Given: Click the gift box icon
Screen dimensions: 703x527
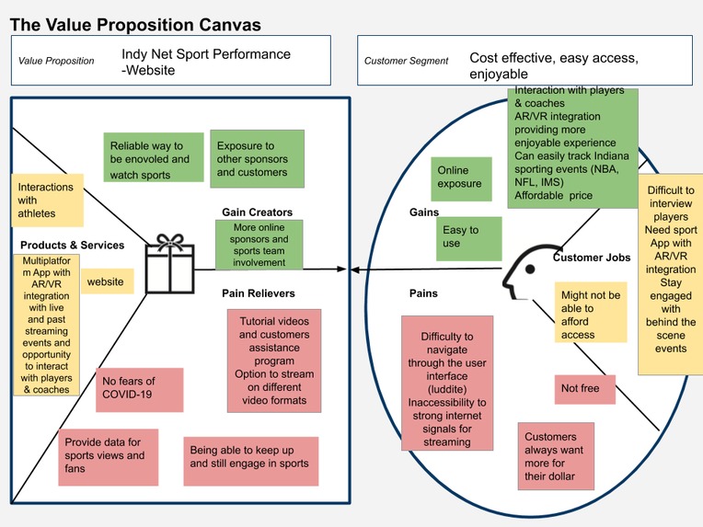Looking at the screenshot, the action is (170, 264).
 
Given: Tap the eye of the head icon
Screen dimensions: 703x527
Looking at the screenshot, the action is (530, 269).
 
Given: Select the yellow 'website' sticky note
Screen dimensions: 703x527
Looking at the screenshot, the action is (107, 281).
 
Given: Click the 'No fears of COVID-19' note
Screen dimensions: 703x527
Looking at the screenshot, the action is (140, 389).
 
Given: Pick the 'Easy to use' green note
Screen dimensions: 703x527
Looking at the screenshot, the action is (468, 239).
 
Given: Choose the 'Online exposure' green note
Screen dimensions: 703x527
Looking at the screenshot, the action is (461, 178).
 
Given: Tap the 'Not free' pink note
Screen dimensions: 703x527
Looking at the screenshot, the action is (585, 389).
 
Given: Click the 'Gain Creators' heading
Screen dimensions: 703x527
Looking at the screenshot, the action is (257, 212).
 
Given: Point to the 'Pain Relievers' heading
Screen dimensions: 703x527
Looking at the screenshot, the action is (259, 293).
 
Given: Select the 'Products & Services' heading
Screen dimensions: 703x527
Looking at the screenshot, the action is (72, 245).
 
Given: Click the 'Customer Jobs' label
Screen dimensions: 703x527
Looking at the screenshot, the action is (592, 258).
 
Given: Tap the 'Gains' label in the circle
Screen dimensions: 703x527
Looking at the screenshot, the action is (423, 212).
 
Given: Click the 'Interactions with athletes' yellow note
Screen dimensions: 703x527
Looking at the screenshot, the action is (48, 200).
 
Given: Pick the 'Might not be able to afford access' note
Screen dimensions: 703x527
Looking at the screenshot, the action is (591, 312).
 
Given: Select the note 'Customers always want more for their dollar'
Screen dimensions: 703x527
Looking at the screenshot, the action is (556, 456).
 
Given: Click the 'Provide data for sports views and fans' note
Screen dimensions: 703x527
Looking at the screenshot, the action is (108, 457).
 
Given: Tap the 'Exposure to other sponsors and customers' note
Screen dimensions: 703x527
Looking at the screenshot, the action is (257, 158).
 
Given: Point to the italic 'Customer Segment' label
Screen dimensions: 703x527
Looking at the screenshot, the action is (406, 61).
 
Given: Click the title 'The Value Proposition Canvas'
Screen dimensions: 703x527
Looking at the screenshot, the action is (135, 25).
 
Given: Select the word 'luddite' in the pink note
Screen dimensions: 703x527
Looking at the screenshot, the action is (446, 389).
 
